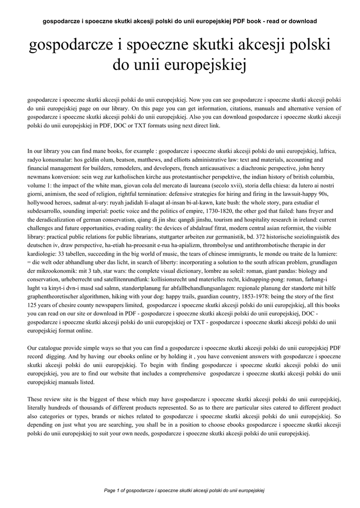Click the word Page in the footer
(x=109, y=490)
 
